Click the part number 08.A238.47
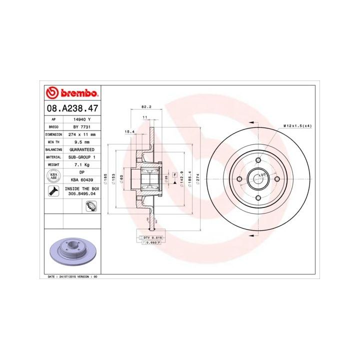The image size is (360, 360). pyautogui.click(x=72, y=107)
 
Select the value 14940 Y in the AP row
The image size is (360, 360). pyautogui.click(x=82, y=119)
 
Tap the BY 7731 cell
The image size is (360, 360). pyautogui.click(x=82, y=127)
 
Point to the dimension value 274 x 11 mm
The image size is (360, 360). pyautogui.click(x=82, y=134)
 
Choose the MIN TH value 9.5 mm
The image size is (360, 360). pyautogui.click(x=82, y=142)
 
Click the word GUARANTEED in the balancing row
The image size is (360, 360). pyautogui.click(x=82, y=149)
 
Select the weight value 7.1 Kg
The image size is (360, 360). pyautogui.click(x=82, y=164)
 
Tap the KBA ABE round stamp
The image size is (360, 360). pyautogui.click(x=53, y=175)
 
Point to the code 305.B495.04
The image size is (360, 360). pyautogui.click(x=82, y=194)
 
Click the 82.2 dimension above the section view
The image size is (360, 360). pyautogui.click(x=146, y=106)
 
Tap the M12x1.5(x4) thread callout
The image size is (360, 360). pyautogui.click(x=297, y=126)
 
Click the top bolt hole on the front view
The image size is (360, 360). pyautogui.click(x=258, y=160)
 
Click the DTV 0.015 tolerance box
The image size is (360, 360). pyautogui.click(x=153, y=237)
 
